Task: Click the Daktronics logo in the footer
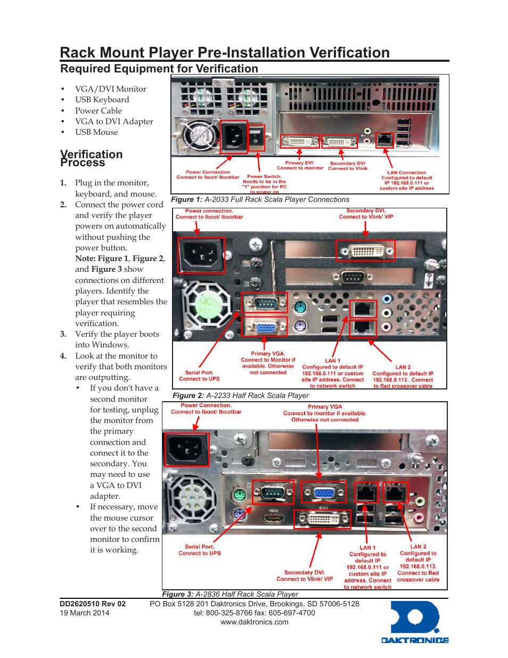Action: pyautogui.click(x=415, y=622)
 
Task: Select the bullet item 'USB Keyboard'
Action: pyautogui.click(x=102, y=100)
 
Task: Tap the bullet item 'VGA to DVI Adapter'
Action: pyautogui.click(x=114, y=121)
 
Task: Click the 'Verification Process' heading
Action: pyautogui.click(x=91, y=158)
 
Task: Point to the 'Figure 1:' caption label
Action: pyautogui.click(x=186, y=199)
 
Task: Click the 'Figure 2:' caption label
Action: pyautogui.click(x=188, y=395)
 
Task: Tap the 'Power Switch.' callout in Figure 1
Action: pyautogui.click(x=264, y=176)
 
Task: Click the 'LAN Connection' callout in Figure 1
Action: pyautogui.click(x=406, y=173)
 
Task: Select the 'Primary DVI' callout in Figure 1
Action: pyautogui.click(x=299, y=163)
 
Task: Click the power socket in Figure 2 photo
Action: pyautogui.click(x=201, y=255)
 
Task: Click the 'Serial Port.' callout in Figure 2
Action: pyautogui.click(x=199, y=372)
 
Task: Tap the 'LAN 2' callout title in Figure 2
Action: pyautogui.click(x=403, y=367)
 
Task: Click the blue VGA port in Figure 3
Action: pyautogui.click(x=323, y=492)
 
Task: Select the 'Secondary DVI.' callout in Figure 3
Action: pyautogui.click(x=304, y=572)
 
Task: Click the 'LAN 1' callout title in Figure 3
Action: pyautogui.click(x=367, y=547)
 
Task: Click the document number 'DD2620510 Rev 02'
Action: pyautogui.click(x=93, y=604)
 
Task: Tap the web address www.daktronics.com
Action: pyautogui.click(x=254, y=622)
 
